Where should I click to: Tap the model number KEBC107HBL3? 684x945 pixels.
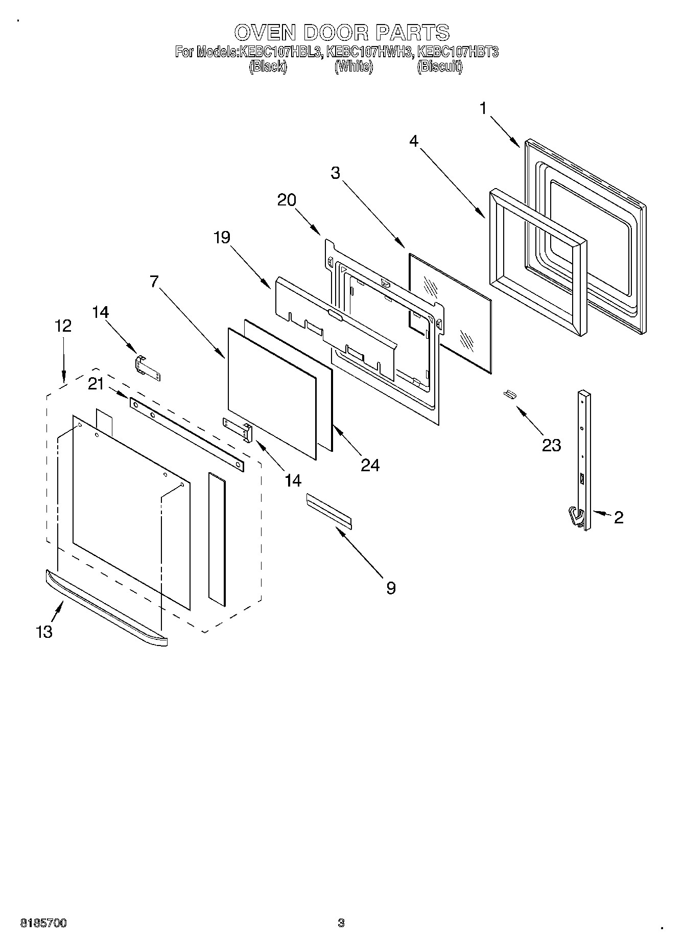[280, 52]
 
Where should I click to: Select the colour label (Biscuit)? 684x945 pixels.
[439, 67]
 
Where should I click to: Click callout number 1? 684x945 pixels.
[483, 108]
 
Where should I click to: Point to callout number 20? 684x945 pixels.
[287, 200]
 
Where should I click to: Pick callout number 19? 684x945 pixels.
[222, 237]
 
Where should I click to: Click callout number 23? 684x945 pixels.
[551, 445]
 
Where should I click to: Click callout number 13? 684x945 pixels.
[44, 632]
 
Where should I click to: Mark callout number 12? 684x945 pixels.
[63, 326]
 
